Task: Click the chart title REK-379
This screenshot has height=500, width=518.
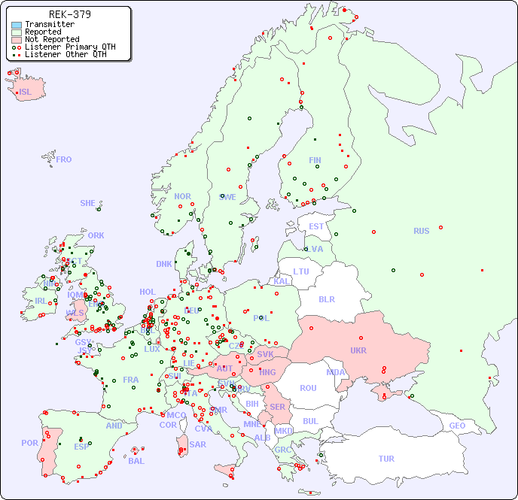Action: [x=69, y=14]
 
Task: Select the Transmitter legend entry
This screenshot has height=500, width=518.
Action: [x=50, y=25]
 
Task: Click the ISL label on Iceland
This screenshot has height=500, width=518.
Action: [x=26, y=92]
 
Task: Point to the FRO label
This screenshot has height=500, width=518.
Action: [x=64, y=159]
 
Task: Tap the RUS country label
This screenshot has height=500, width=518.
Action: [x=421, y=231]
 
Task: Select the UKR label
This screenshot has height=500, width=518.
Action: [x=358, y=350]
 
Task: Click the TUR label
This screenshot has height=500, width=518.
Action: [x=386, y=459]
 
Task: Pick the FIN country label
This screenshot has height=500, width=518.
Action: [x=315, y=160]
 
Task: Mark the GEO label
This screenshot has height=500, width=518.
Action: [x=457, y=426]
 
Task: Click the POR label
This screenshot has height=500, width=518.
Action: [x=29, y=443]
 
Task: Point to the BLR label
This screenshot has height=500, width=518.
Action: [x=327, y=298]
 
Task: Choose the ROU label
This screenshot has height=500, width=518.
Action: [x=308, y=388]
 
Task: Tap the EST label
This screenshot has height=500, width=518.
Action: [x=316, y=226]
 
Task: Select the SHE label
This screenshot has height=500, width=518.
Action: [x=88, y=203]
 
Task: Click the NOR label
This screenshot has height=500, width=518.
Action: [x=182, y=196]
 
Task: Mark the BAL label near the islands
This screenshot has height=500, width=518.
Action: [x=136, y=461]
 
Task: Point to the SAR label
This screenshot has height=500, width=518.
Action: [x=197, y=444]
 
